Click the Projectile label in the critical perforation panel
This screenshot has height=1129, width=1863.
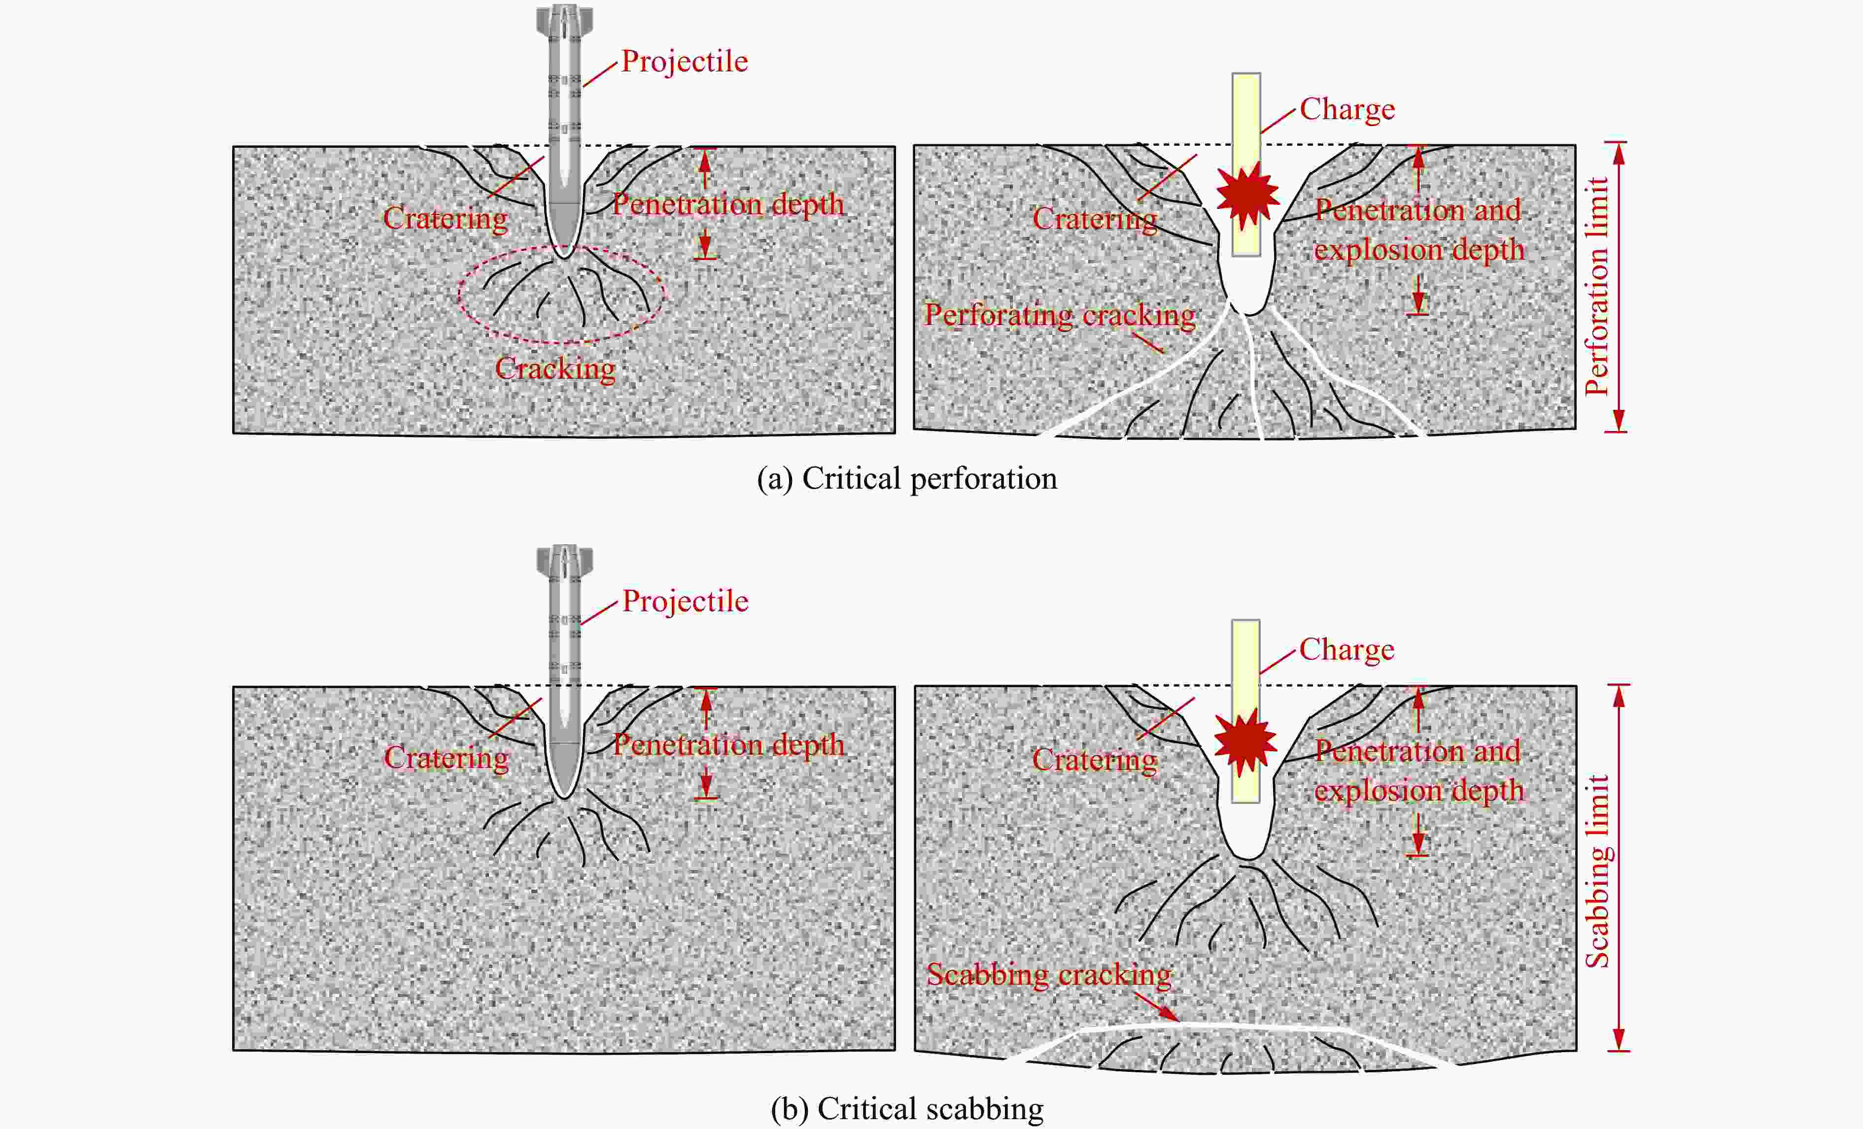pyautogui.click(x=684, y=61)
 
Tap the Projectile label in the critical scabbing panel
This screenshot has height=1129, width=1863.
pyautogui.click(x=685, y=601)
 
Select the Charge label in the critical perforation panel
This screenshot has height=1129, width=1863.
pyautogui.click(x=1346, y=109)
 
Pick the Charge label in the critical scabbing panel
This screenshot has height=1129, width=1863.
pyautogui.click(x=1346, y=649)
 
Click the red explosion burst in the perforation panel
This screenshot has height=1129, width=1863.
pyautogui.click(x=1247, y=195)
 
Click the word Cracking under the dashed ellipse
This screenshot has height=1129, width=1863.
pyautogui.click(x=555, y=369)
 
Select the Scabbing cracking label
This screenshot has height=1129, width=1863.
pyautogui.click(x=1049, y=975)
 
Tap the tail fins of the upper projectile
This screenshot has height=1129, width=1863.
pyautogui.click(x=565, y=20)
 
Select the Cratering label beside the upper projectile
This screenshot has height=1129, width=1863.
pyautogui.click(x=446, y=218)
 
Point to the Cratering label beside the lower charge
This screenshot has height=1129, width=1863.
pyautogui.click(x=1094, y=760)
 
